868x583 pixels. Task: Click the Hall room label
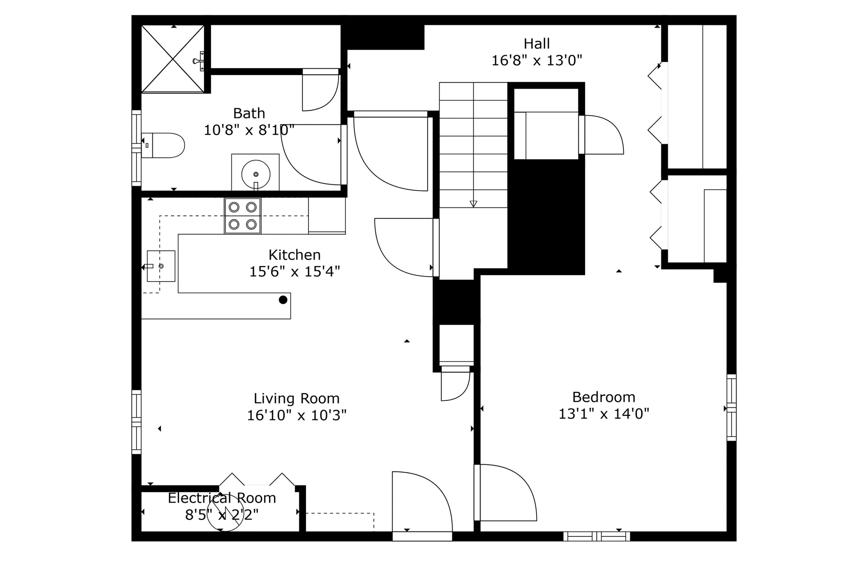(537, 44)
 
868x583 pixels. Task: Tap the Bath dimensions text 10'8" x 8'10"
(249, 130)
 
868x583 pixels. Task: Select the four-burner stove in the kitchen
(243, 216)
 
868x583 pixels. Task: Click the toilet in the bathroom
(163, 146)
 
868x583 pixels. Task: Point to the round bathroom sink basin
(256, 174)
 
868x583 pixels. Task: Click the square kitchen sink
(161, 266)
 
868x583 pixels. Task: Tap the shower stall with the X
(173, 59)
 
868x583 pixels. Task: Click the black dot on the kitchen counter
(283, 300)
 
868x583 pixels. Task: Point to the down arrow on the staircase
(473, 203)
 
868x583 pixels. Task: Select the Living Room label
(297, 399)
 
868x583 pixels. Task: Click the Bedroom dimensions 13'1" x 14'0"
(604, 414)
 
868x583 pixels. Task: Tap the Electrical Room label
(222, 498)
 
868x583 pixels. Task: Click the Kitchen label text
(295, 255)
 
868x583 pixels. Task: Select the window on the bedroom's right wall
(731, 408)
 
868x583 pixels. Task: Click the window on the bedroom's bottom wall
(597, 536)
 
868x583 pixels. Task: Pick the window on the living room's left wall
(137, 422)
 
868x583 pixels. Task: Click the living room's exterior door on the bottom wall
(422, 536)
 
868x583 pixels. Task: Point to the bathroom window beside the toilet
(137, 148)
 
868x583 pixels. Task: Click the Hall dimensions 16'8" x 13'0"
(537, 61)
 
